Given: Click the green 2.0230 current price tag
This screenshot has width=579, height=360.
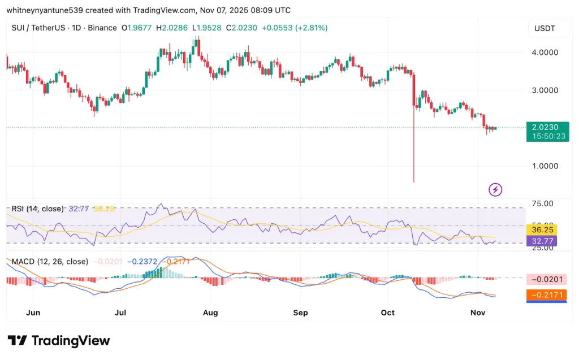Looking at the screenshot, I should point(547,128).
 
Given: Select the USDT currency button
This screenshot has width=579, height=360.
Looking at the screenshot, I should point(545,28).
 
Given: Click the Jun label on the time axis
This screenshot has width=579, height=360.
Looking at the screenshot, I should point(33,312).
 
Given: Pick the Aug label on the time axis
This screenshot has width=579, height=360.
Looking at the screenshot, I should point(210,312).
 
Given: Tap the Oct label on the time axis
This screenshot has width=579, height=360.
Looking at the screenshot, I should point(387,312).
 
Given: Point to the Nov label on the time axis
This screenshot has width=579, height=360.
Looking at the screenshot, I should point(478,312).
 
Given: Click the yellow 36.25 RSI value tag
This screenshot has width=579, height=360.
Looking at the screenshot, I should point(541,230).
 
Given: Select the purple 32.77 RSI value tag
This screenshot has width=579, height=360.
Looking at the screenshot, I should point(541,241).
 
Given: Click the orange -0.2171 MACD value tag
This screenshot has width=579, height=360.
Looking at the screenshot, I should point(546,295).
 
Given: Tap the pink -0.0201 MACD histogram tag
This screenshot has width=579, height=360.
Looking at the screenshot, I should point(546,279).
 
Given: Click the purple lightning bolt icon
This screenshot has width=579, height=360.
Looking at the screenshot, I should point(496,189).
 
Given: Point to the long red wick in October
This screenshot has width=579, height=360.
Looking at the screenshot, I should point(414,147).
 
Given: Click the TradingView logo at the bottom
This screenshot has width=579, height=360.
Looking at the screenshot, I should point(59,340).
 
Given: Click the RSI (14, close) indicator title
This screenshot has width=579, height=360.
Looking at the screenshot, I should point(38,209).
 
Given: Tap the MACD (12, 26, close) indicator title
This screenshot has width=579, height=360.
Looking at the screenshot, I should point(50,261).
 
